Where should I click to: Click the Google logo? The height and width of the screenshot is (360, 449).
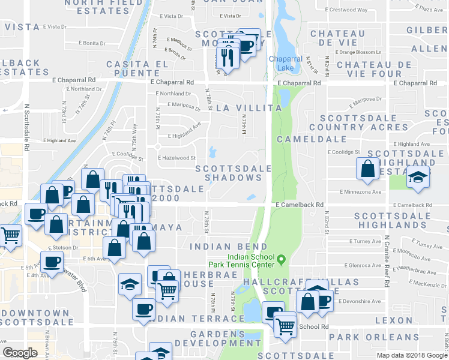[x=20, y=353]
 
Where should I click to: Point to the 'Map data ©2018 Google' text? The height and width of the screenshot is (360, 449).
[x=412, y=355]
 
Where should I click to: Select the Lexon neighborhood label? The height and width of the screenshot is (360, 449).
[x=394, y=320]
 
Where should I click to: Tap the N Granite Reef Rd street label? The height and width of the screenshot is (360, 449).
[x=388, y=240]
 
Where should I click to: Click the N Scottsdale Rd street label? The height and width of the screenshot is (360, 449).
[x=26, y=131]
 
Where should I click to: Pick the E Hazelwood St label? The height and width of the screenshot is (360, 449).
[x=176, y=158]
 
